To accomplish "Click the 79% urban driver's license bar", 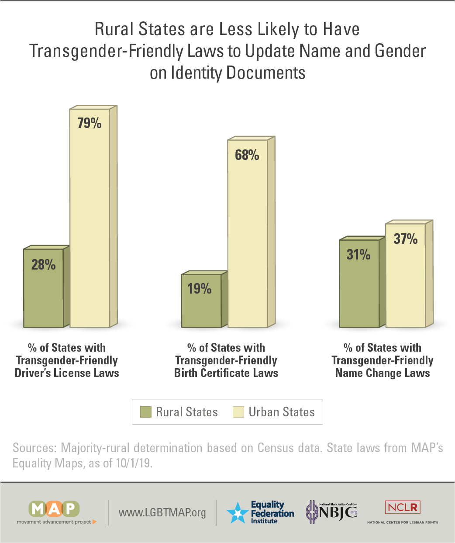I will [x=90, y=218].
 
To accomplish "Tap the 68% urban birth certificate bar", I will [x=247, y=236].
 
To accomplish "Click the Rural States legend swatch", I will [x=145, y=412].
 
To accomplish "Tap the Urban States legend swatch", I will [x=238, y=412].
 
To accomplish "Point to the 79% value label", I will [x=90, y=123].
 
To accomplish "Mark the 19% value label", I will [x=200, y=289].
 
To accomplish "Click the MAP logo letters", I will [x=54, y=509].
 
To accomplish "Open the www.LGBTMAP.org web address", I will [x=162, y=512].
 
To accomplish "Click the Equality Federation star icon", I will [x=238, y=513].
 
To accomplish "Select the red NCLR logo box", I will [x=403, y=507].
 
